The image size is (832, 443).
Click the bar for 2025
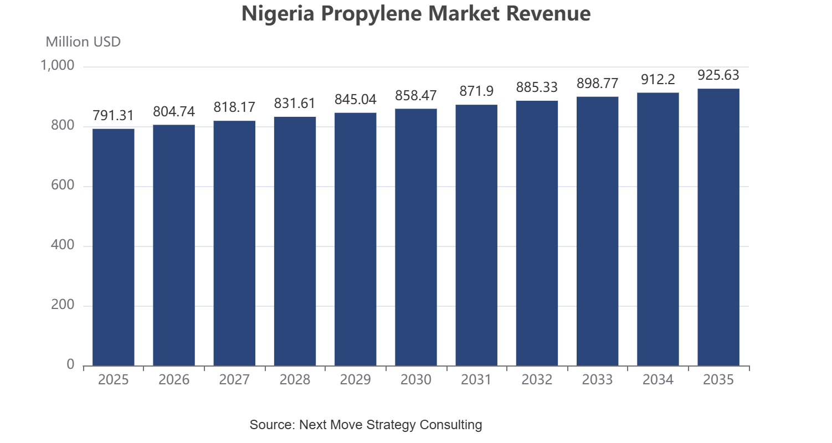pyautogui.click(x=114, y=248)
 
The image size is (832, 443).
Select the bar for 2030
pyautogui.click(x=416, y=237)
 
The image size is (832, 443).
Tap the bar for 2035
pyautogui.click(x=718, y=227)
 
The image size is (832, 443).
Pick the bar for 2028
pyautogui.click(x=295, y=241)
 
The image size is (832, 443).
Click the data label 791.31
pyautogui.click(x=113, y=116)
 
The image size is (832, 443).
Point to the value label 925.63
pyautogui.click(x=718, y=75)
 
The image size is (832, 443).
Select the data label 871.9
pyautogui.click(x=476, y=91)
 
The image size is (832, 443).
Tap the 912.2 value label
pyautogui.click(x=658, y=79)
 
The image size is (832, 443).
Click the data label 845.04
pyautogui.click(x=356, y=99)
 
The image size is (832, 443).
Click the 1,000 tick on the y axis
pyautogui.click(x=57, y=65)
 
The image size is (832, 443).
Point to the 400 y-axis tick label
pyautogui.click(x=63, y=245)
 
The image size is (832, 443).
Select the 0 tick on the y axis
pyautogui.click(x=70, y=364)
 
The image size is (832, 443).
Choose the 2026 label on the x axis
pyautogui.click(x=174, y=379)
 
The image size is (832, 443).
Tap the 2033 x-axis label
pyautogui.click(x=597, y=379)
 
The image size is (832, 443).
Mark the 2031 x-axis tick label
pyautogui.click(x=476, y=379)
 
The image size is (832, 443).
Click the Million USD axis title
pyautogui.click(x=83, y=42)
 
